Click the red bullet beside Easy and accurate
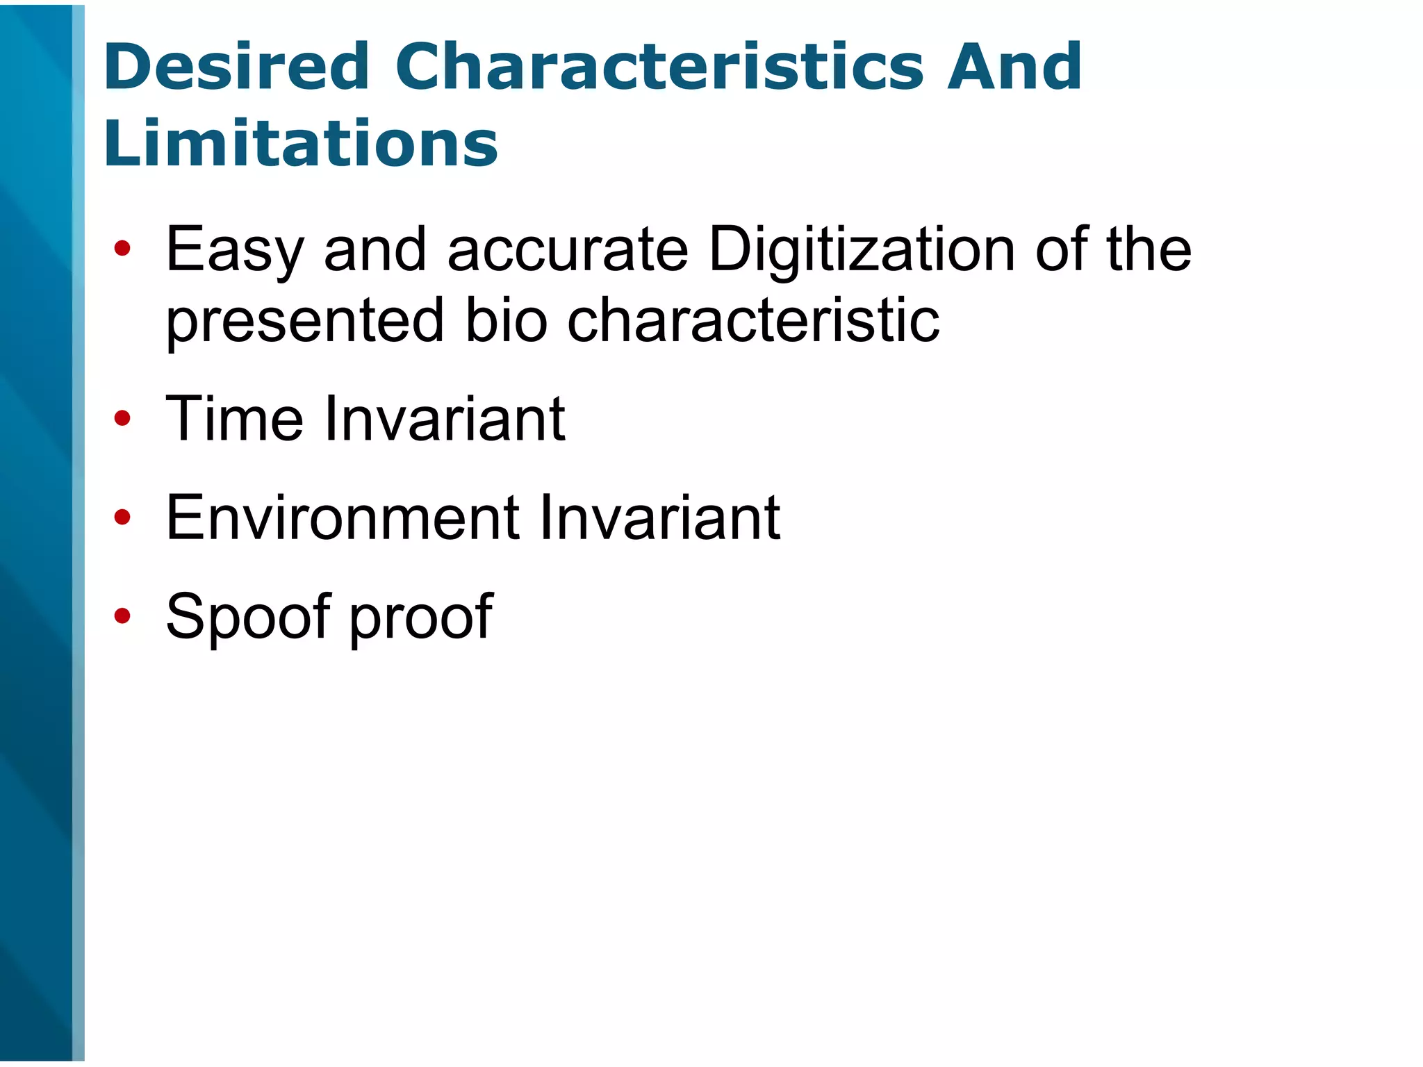(x=122, y=248)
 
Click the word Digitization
(x=862, y=250)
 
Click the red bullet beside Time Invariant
(x=122, y=418)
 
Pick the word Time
(x=235, y=418)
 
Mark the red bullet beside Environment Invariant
(x=122, y=517)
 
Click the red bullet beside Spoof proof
(x=122, y=615)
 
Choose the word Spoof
(x=249, y=617)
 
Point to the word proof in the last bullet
(x=420, y=617)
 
